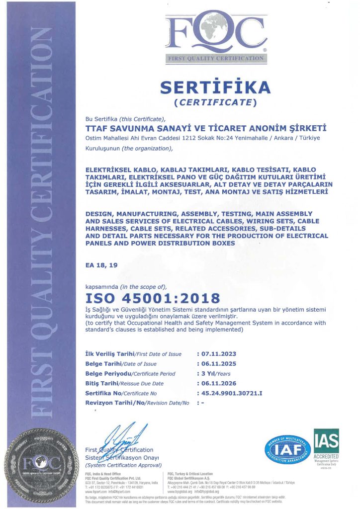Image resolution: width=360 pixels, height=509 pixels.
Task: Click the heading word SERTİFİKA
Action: (x=215, y=87)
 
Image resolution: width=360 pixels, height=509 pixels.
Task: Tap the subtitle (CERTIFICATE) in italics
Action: (x=215, y=103)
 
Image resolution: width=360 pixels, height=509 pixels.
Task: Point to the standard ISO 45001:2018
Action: (x=153, y=298)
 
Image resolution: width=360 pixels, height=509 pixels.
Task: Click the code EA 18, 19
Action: (x=102, y=265)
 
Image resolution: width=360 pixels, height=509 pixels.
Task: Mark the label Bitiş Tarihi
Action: (x=102, y=383)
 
